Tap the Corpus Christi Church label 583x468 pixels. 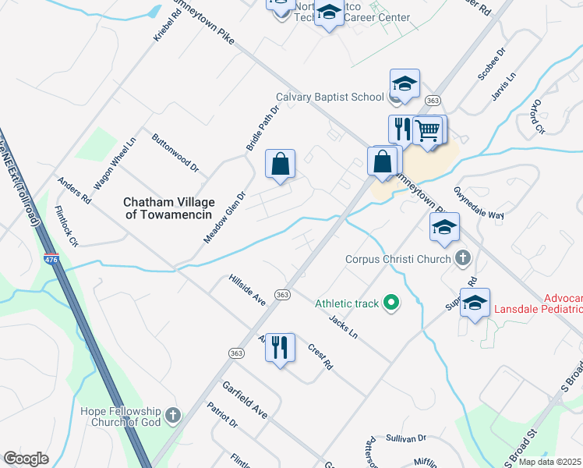click(398, 259)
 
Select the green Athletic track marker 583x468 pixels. click(392, 303)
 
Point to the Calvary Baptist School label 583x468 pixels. click(330, 97)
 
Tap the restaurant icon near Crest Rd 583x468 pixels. click(281, 346)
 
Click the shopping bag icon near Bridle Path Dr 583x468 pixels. click(281, 164)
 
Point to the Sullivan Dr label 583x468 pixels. click(405, 439)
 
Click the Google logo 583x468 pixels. click(26, 458)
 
